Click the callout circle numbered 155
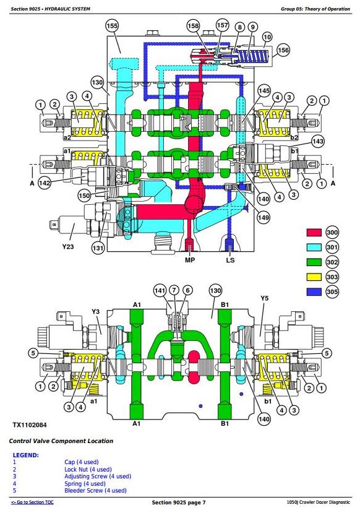click(x=112, y=26)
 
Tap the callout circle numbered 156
click(x=283, y=50)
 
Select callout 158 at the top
click(x=193, y=25)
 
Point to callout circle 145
click(x=264, y=91)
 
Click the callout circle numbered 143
click(x=317, y=141)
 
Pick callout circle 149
click(x=264, y=217)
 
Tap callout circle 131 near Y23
click(x=98, y=248)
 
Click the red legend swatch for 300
click(x=314, y=233)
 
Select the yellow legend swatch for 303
click(x=314, y=277)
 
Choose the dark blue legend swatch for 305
click(x=314, y=291)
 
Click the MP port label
click(x=190, y=260)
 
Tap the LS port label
click(x=230, y=260)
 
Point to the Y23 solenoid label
click(x=68, y=246)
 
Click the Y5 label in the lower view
click(x=264, y=298)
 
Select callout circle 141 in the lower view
click(x=160, y=290)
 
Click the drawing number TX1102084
click(x=30, y=425)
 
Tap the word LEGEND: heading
click(x=26, y=455)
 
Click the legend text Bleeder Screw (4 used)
click(x=95, y=491)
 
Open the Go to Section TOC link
click(x=32, y=502)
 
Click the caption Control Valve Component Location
click(x=61, y=441)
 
